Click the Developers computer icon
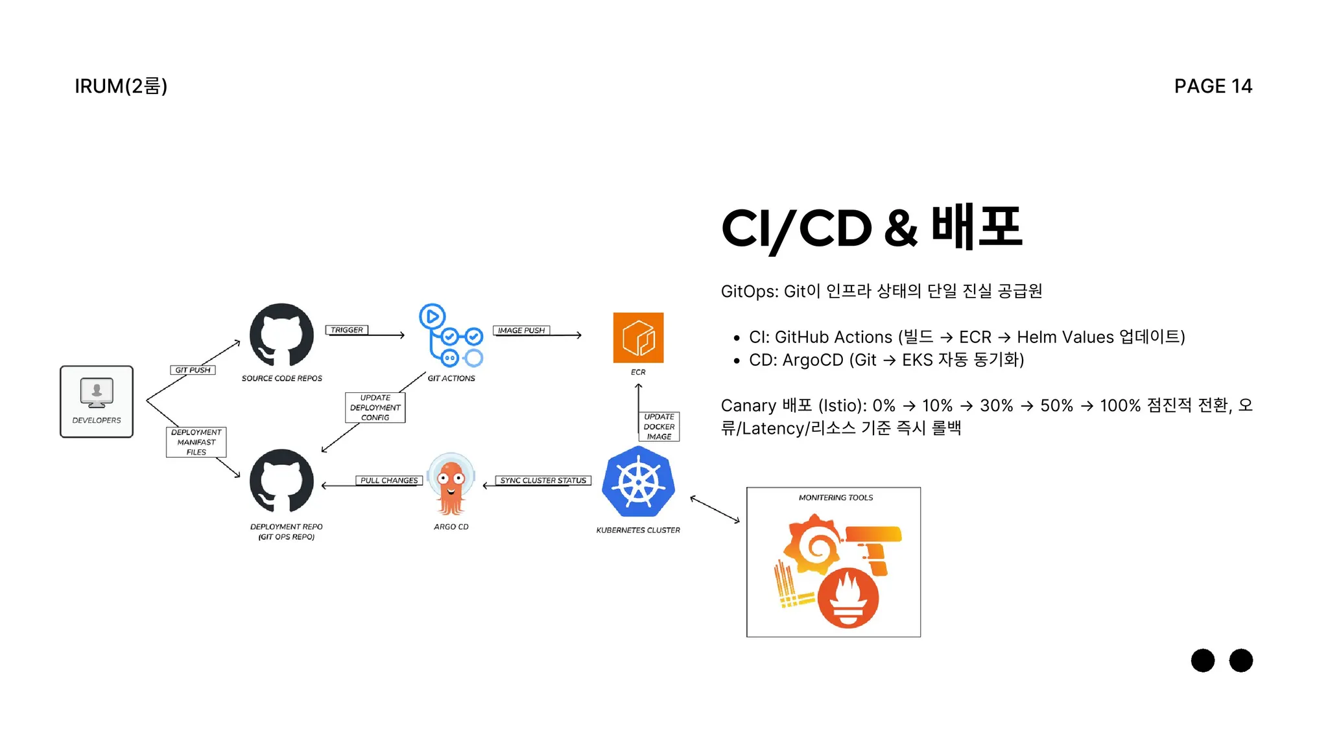click(x=97, y=392)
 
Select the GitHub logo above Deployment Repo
click(x=281, y=482)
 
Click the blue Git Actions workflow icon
click(x=451, y=336)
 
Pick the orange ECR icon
click(x=638, y=338)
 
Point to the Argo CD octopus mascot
click(x=451, y=484)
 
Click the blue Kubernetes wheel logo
click(x=638, y=482)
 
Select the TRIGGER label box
click(x=347, y=330)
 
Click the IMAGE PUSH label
click(x=521, y=330)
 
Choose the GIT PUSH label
click(x=193, y=370)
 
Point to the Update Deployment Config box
click(x=375, y=408)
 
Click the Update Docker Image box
click(x=659, y=427)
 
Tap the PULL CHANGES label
click(x=389, y=480)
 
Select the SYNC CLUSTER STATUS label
click(x=543, y=480)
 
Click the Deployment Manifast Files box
click(x=196, y=442)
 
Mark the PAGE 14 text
click(x=1213, y=86)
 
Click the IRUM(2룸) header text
click(x=121, y=86)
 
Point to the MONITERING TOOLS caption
click(x=836, y=498)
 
